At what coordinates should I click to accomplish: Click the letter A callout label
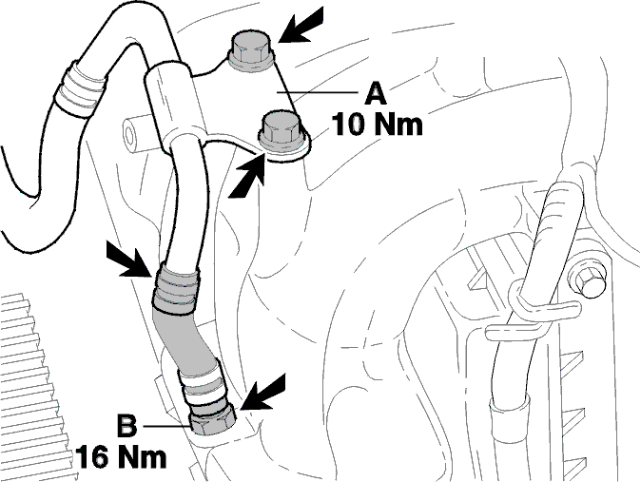(375, 94)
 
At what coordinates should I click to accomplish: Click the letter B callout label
(127, 426)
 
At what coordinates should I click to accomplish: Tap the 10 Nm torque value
(377, 125)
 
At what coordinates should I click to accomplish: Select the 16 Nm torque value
(122, 457)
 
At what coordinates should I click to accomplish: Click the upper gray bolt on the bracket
(251, 51)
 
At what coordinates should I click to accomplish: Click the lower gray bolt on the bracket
(282, 130)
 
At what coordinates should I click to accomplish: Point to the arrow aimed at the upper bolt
(301, 26)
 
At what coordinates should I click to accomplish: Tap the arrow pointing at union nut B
(262, 393)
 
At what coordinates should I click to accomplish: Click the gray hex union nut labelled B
(213, 418)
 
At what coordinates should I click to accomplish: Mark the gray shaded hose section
(186, 339)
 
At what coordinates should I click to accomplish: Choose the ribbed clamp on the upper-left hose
(80, 89)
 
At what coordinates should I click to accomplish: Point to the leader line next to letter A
(318, 92)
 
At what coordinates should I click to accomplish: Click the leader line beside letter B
(166, 427)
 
